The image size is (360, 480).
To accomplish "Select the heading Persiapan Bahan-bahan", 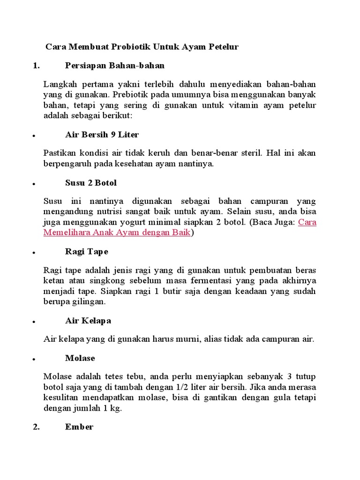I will (115, 65).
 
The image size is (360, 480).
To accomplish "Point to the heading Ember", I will (79, 427).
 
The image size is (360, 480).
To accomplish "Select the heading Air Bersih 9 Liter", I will (102, 135).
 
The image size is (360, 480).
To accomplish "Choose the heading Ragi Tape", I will (86, 251).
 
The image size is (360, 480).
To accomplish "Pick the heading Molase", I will (80, 358).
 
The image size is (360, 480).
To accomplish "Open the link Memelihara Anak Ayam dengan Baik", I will (117, 232).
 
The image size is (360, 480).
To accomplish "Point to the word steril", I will (254, 153).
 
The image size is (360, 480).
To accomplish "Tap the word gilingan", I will (89, 301).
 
